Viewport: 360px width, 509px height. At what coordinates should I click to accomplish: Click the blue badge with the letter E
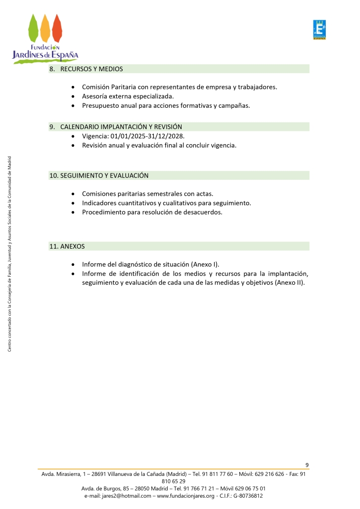(319, 30)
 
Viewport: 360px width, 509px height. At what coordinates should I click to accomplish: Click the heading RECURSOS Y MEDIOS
(91, 69)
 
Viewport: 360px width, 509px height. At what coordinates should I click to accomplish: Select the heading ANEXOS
(72, 246)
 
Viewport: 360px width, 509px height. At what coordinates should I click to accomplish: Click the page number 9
(307, 465)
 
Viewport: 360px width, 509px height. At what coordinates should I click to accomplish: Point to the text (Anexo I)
(205, 264)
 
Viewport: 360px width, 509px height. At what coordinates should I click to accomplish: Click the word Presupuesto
(101, 106)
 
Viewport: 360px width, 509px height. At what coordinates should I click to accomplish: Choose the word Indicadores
(100, 203)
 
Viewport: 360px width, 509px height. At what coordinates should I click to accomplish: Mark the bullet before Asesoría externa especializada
(73, 97)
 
